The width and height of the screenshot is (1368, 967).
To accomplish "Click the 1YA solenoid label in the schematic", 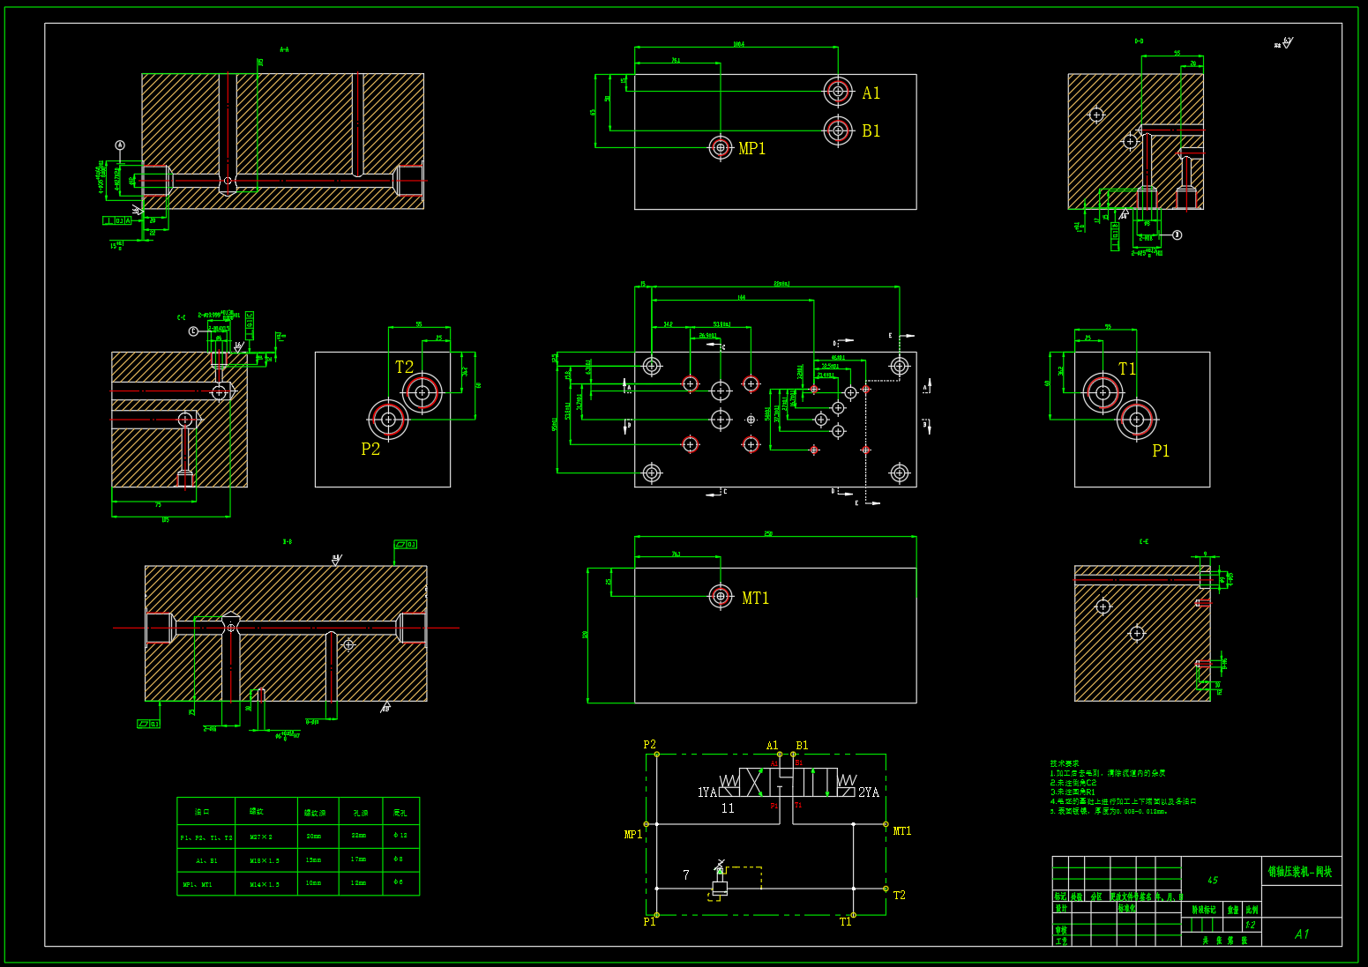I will point(707,792).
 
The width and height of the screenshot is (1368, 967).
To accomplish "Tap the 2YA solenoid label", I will point(869,792).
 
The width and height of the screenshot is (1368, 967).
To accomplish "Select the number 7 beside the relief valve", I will point(686,875).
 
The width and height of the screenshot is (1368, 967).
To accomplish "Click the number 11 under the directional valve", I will point(728,808).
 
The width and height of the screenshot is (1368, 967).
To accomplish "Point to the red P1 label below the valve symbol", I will point(774,806).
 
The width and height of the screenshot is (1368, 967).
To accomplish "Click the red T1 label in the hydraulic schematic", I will point(798,806).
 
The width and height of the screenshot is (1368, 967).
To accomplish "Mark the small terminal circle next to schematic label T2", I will point(886,889).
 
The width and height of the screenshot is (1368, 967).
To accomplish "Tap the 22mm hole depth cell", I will point(359,836).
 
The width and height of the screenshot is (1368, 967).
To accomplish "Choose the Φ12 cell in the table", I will point(400,836).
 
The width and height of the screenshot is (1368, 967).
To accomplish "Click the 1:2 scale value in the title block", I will point(1250,926).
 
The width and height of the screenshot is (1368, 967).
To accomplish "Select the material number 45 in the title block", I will point(1213,881).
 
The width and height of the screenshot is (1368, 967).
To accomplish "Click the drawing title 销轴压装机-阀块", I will point(1300,872).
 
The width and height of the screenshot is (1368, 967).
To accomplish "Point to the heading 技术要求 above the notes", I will point(1065,763).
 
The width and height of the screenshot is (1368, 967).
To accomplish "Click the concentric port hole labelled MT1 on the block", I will point(721,597).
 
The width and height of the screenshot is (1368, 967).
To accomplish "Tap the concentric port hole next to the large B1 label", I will point(838,130).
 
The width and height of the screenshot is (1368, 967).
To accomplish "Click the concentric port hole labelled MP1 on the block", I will point(721,147).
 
